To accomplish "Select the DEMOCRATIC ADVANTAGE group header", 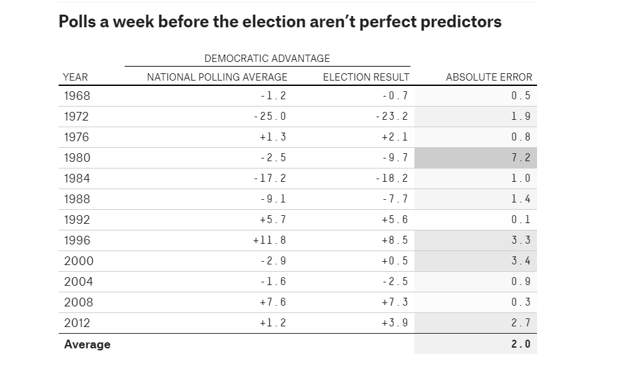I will click(267, 59).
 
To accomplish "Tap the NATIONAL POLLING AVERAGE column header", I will click(217, 77).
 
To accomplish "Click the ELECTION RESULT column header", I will click(366, 77).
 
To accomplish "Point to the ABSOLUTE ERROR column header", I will click(489, 77).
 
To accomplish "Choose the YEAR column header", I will click(75, 77).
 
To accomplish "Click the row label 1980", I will click(77, 158).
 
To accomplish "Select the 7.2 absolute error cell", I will click(520, 158).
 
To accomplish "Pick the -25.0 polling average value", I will click(271, 117).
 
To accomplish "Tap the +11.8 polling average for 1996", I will click(269, 240).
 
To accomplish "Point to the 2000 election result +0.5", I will click(394, 261).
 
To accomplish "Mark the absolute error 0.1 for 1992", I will click(520, 220).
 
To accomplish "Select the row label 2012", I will click(77, 323).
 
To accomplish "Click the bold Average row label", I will click(87, 344).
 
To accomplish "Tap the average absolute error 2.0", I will click(520, 344).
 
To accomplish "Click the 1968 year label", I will click(77, 96).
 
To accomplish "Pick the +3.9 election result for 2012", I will click(394, 323).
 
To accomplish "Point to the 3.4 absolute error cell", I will click(520, 261).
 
